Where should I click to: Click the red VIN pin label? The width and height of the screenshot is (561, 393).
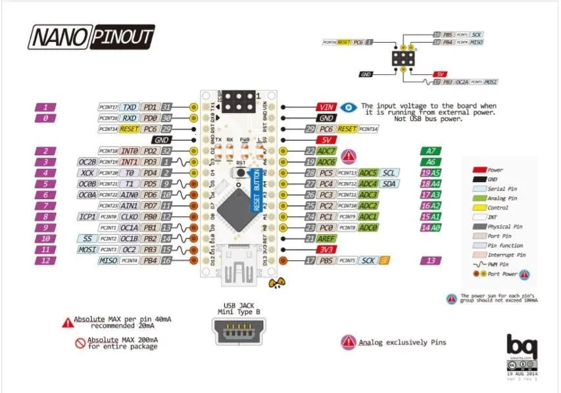coord(326,106)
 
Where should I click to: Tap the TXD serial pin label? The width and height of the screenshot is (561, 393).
coord(130,107)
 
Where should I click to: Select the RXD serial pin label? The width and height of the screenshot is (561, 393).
coord(130,118)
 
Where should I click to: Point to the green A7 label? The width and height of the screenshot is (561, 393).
coord(430,151)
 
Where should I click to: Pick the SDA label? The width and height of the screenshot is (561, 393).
coord(389,184)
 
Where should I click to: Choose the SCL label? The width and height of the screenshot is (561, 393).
coord(389,173)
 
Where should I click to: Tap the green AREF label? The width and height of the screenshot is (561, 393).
coord(327,239)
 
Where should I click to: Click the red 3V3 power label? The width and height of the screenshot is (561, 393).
coord(326,250)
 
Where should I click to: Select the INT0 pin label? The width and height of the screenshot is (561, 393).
coord(130,151)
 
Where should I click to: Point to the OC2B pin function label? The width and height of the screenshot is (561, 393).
coord(87,162)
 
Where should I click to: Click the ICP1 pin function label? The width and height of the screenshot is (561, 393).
coord(87,217)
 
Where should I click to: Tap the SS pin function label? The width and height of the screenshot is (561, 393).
coord(87,239)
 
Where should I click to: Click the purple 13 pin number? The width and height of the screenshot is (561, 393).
coord(430,261)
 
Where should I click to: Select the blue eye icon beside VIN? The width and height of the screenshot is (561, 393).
coord(349,106)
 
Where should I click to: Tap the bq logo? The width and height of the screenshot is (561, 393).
coord(522,346)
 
